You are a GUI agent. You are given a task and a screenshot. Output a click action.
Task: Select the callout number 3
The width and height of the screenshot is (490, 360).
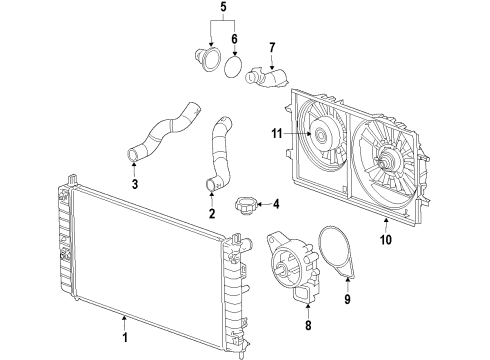pyautogui.click(x=136, y=184)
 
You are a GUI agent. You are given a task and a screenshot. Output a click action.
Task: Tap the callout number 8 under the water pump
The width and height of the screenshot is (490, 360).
pyautogui.click(x=280, y=325)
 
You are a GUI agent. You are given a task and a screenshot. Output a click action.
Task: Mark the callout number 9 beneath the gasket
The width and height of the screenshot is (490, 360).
pyautogui.click(x=347, y=297)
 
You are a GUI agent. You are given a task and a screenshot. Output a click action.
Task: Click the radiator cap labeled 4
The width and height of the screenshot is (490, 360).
pyautogui.click(x=246, y=208)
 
